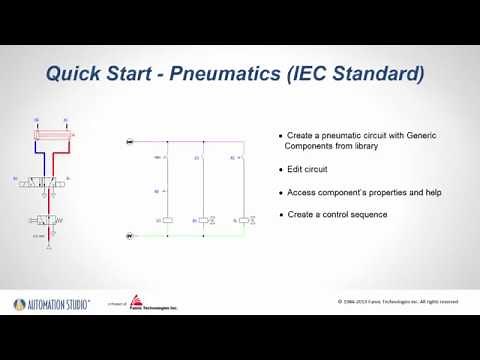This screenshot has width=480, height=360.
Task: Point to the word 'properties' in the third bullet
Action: pos(372,192)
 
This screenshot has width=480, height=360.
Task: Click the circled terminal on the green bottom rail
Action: pos(129,236)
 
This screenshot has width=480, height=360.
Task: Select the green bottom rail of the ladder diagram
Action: pos(190,236)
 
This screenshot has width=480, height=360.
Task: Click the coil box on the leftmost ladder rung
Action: pos(168,219)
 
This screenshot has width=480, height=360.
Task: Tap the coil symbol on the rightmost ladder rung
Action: pos(243,219)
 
